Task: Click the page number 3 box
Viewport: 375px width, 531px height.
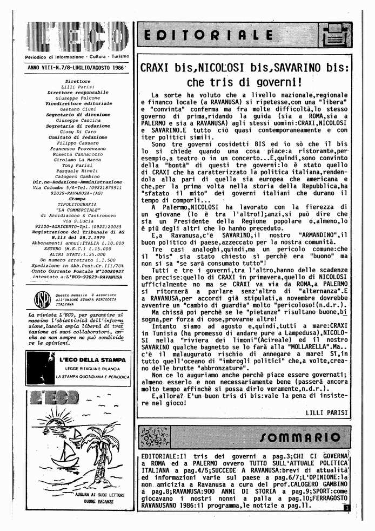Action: coord(346,507)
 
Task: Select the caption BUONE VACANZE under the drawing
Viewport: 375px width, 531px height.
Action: coord(79,502)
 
